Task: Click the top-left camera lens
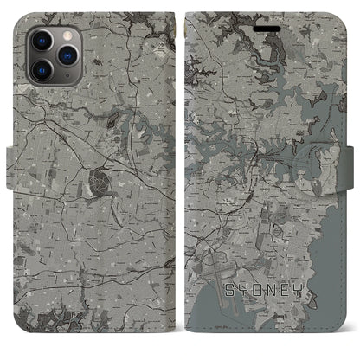coord(41,39)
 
